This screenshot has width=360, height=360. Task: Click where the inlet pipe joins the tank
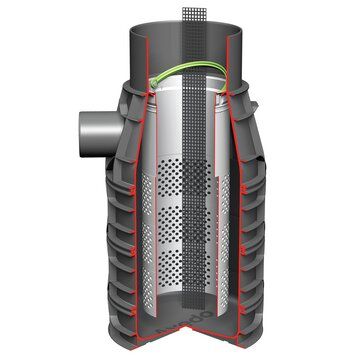(x=108, y=128)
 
